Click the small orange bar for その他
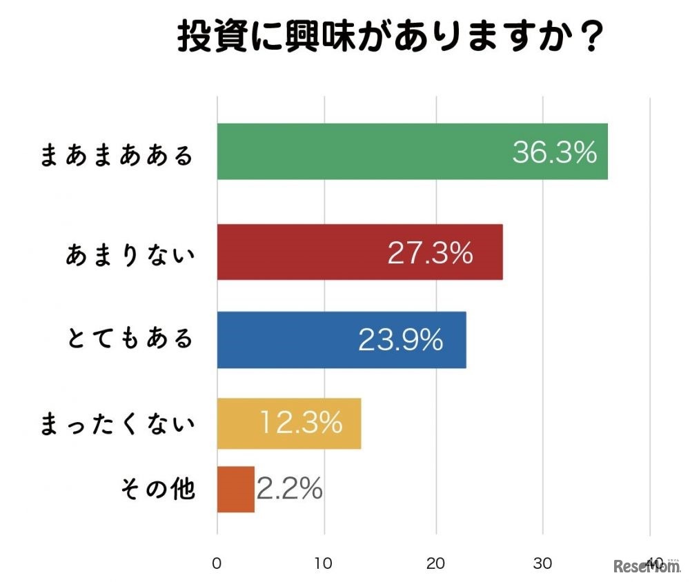[236, 489]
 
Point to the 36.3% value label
[554, 152]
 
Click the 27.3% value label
[430, 253]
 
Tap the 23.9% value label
[400, 340]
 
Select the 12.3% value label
[301, 423]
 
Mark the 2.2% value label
[290, 489]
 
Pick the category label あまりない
[131, 254]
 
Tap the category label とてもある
[131, 339]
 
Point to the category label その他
[158, 490]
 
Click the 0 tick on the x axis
[217, 563]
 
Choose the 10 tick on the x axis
[324, 563]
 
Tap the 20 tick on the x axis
[435, 563]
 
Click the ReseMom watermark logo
[644, 567]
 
